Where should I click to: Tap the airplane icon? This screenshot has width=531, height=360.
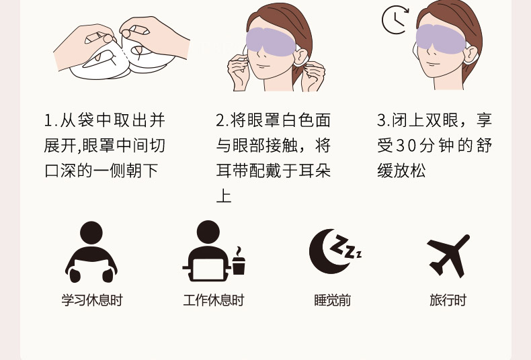(x=449, y=255)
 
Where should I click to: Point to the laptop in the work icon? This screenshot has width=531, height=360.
(x=208, y=270)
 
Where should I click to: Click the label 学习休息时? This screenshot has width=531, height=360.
(x=92, y=300)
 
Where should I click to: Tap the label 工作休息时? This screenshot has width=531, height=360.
(x=213, y=300)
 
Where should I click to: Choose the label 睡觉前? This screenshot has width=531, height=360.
(x=332, y=300)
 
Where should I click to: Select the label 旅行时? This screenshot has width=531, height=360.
(x=448, y=300)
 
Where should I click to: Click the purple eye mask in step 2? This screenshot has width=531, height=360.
(x=271, y=42)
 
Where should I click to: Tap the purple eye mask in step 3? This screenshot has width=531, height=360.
(x=440, y=39)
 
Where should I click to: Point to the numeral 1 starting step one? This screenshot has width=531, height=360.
(x=48, y=121)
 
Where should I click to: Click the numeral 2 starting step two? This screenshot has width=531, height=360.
(x=220, y=121)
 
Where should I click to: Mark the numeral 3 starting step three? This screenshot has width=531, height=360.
(x=382, y=121)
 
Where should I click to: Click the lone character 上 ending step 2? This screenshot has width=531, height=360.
(x=224, y=196)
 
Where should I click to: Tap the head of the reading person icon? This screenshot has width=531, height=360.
(x=91, y=233)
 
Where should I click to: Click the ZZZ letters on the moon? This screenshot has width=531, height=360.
(x=345, y=246)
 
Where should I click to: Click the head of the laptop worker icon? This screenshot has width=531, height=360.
(x=208, y=232)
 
